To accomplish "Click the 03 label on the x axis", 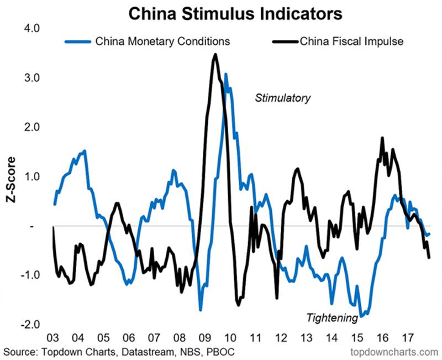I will [x=54, y=338].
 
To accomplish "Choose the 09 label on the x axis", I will [x=204, y=338].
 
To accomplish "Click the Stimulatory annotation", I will [x=282, y=98].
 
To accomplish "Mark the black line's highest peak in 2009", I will [x=215, y=54].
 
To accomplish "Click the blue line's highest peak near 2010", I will [x=226, y=74].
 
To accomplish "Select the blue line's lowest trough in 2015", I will [x=361, y=316].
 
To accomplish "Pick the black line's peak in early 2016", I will [x=382, y=138].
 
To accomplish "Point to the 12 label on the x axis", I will [x=279, y=338].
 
